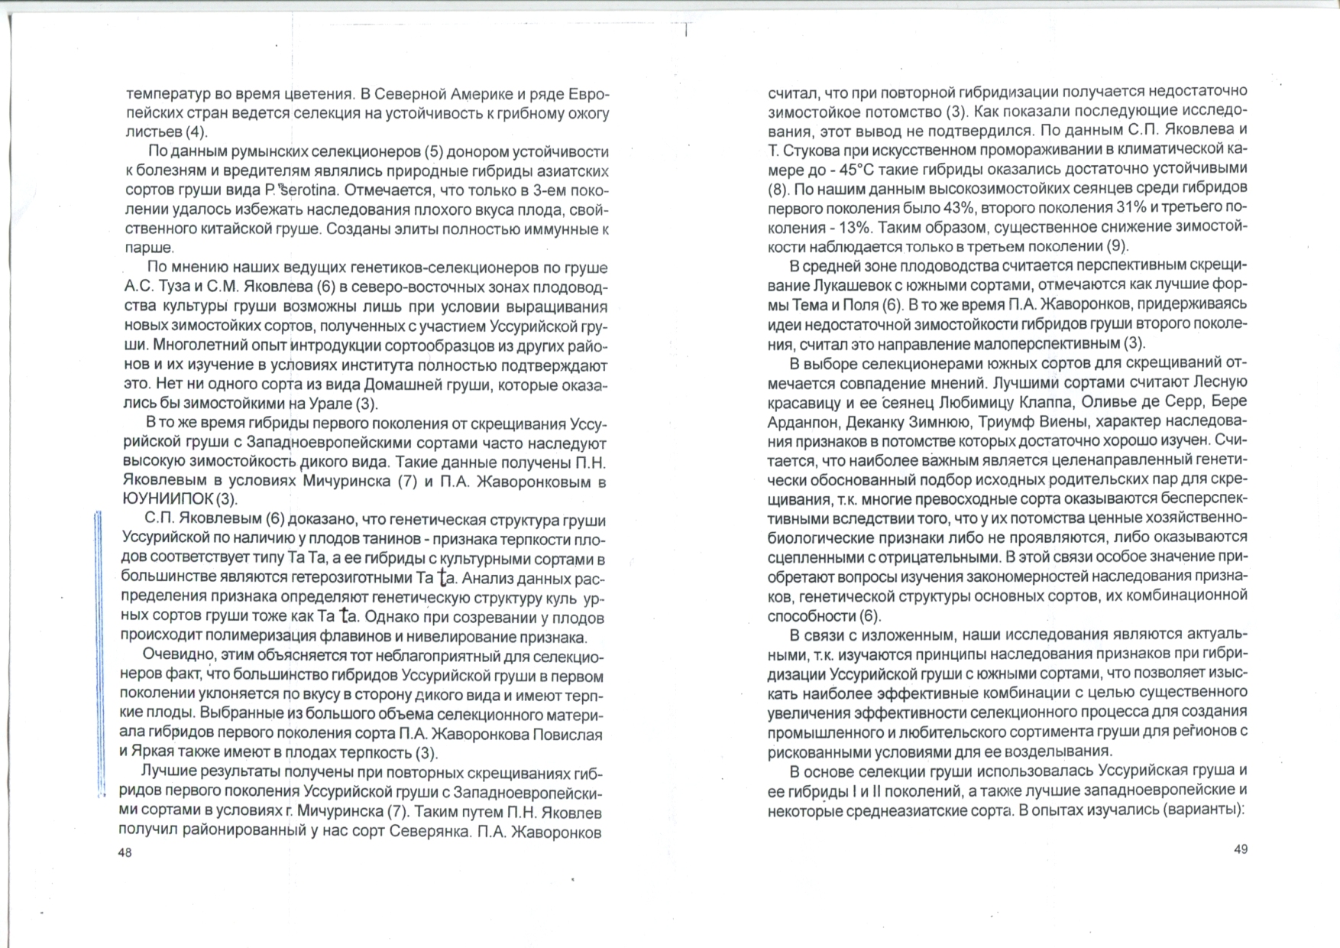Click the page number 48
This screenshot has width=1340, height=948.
click(x=125, y=852)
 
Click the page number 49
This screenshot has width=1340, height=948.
click(x=1241, y=849)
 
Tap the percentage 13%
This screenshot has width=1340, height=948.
click(x=859, y=227)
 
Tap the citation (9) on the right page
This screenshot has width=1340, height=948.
click(x=1117, y=246)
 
